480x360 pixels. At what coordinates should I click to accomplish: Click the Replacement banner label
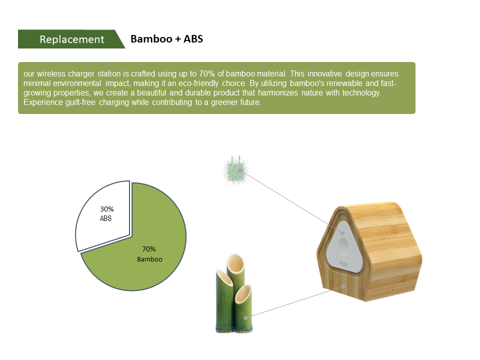click(x=72, y=39)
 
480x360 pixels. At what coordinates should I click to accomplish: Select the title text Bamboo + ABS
click(x=167, y=39)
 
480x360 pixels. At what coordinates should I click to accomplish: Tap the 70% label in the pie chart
click(x=149, y=249)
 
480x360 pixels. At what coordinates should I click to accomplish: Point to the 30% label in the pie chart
click(x=107, y=209)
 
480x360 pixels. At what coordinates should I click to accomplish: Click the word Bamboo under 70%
click(x=149, y=259)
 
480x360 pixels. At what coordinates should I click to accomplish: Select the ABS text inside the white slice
click(x=105, y=218)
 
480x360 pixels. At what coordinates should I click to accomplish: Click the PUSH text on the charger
click(x=343, y=264)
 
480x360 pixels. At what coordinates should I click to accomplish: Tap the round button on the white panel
click(x=343, y=246)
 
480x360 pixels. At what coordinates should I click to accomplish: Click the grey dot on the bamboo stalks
click(x=245, y=318)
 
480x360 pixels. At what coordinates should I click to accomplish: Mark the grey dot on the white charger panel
click(x=342, y=233)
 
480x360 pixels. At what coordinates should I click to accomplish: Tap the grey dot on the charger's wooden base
click(x=343, y=286)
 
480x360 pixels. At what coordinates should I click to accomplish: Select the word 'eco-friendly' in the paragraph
click(x=198, y=83)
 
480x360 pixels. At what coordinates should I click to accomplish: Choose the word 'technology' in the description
click(x=361, y=93)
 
